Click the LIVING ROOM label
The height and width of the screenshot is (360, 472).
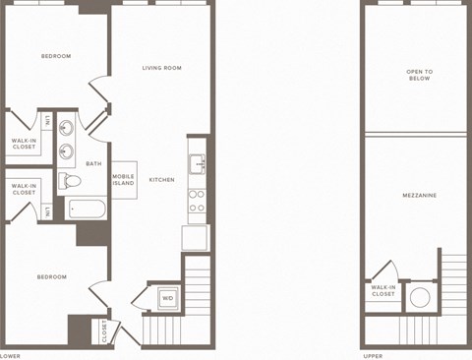(162, 68)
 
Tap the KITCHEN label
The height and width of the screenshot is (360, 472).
(161, 180)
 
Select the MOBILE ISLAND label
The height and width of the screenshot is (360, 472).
(123, 180)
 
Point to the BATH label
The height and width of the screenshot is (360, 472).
(93, 163)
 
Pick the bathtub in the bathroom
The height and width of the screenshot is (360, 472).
(87, 209)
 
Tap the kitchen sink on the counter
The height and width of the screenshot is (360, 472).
(197, 163)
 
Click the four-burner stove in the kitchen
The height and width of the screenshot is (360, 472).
(197, 201)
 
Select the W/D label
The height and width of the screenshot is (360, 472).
(167, 297)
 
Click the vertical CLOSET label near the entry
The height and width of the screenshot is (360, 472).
(105, 331)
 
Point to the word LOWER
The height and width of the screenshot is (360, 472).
(10, 355)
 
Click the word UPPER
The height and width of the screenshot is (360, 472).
(373, 355)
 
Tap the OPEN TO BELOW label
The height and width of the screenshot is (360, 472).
(420, 76)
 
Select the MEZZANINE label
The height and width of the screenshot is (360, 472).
(420, 195)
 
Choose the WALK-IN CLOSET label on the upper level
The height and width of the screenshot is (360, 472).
(383, 290)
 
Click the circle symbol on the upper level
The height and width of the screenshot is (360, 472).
(421, 296)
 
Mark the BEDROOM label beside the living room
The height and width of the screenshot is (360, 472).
(56, 56)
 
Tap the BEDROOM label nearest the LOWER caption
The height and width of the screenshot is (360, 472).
(51, 276)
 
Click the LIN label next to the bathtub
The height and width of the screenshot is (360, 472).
(47, 210)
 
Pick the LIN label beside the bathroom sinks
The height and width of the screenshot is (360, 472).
(47, 121)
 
